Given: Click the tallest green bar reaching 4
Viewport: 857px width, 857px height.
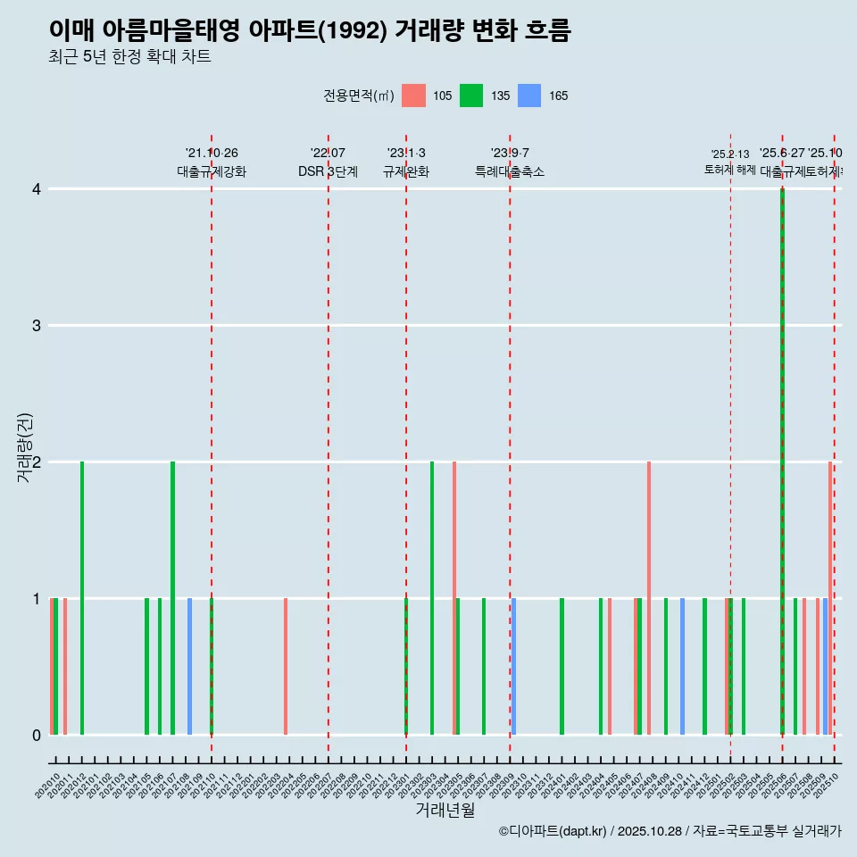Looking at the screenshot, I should click(x=782, y=446).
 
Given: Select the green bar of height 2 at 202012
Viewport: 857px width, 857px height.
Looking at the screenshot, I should click(x=82, y=598).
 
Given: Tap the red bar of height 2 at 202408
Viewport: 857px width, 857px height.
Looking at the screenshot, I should click(x=649, y=598).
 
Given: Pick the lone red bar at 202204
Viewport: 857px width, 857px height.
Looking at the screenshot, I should click(x=286, y=666).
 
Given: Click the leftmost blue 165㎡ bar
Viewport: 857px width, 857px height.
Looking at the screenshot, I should click(x=189, y=666).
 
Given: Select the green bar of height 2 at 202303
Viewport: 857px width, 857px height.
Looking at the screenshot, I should click(x=432, y=598).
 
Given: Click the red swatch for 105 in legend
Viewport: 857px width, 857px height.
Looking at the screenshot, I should click(x=413, y=96).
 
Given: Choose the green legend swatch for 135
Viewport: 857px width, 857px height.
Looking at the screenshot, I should click(x=471, y=96).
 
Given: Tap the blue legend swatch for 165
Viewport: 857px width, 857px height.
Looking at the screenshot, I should click(x=529, y=96).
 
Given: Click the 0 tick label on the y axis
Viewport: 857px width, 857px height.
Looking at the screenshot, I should click(x=37, y=735).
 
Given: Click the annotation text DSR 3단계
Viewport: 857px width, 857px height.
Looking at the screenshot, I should click(x=328, y=171).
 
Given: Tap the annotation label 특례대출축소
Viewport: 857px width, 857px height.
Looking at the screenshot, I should click(x=510, y=171).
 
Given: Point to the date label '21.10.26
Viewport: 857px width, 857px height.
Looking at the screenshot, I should click(x=212, y=154).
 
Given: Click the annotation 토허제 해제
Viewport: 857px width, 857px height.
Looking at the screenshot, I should click(x=730, y=169).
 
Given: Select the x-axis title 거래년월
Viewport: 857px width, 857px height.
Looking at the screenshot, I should click(x=445, y=810).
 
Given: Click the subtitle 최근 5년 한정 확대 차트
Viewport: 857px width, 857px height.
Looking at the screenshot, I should click(x=129, y=57).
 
